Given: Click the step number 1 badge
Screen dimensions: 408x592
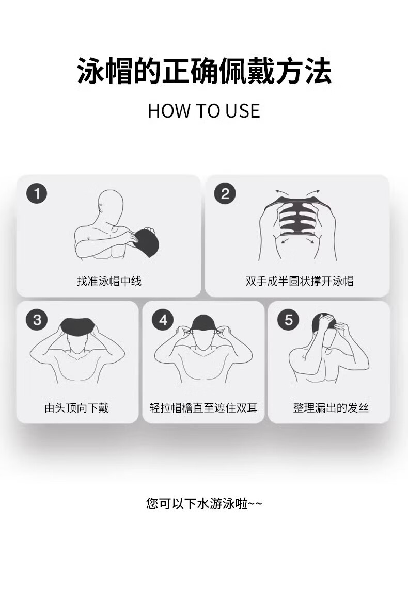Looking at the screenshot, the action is pyautogui.click(x=37, y=194).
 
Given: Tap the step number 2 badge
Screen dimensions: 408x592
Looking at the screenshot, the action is pyautogui.click(x=225, y=194).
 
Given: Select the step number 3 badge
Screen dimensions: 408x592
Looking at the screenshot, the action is pyautogui.click(x=37, y=320).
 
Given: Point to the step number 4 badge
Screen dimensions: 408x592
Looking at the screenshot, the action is pyautogui.click(x=163, y=320).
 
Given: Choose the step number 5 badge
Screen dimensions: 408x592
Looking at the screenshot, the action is pyautogui.click(x=288, y=320).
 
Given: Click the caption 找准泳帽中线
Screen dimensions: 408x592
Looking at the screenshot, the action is pyautogui.click(x=109, y=281).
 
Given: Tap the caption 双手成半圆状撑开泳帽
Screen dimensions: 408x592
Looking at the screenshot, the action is pyautogui.click(x=299, y=281).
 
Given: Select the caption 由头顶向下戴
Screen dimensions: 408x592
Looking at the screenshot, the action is pyautogui.click(x=77, y=408).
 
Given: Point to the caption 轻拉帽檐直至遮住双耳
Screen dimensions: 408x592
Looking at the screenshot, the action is pyautogui.click(x=203, y=408).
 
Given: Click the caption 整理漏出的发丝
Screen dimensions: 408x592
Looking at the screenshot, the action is pyautogui.click(x=331, y=408).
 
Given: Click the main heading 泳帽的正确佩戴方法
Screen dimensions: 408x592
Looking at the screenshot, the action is pyautogui.click(x=204, y=71).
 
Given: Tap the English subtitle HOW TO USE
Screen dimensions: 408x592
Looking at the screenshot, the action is pyautogui.click(x=204, y=111).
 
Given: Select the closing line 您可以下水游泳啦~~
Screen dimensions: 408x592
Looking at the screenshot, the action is pyautogui.click(x=204, y=504).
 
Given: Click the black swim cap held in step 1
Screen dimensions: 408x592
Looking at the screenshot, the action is pyautogui.click(x=147, y=242).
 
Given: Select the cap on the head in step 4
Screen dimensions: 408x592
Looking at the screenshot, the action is pyautogui.click(x=203, y=323).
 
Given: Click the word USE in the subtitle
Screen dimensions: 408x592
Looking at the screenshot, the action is pyautogui.click(x=243, y=111).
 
